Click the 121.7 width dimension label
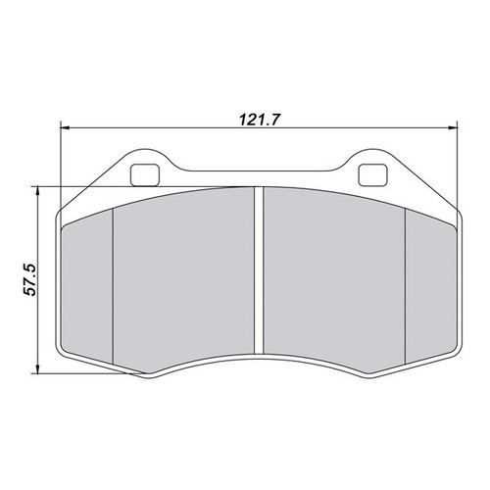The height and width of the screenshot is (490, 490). [x=260, y=120]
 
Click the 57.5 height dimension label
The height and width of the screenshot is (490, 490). [x=30, y=279]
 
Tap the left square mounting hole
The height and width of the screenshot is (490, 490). [x=145, y=175]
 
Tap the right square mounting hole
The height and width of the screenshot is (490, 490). [x=372, y=175]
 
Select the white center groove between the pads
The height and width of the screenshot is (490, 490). [x=259, y=270]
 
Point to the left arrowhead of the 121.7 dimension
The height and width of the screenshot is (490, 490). [x=66, y=127]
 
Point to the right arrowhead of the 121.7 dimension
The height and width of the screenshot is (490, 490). [x=453, y=127]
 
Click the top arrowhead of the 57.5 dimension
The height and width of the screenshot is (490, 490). [x=38, y=191]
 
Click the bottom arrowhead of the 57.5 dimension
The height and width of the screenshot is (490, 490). [x=38, y=368]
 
